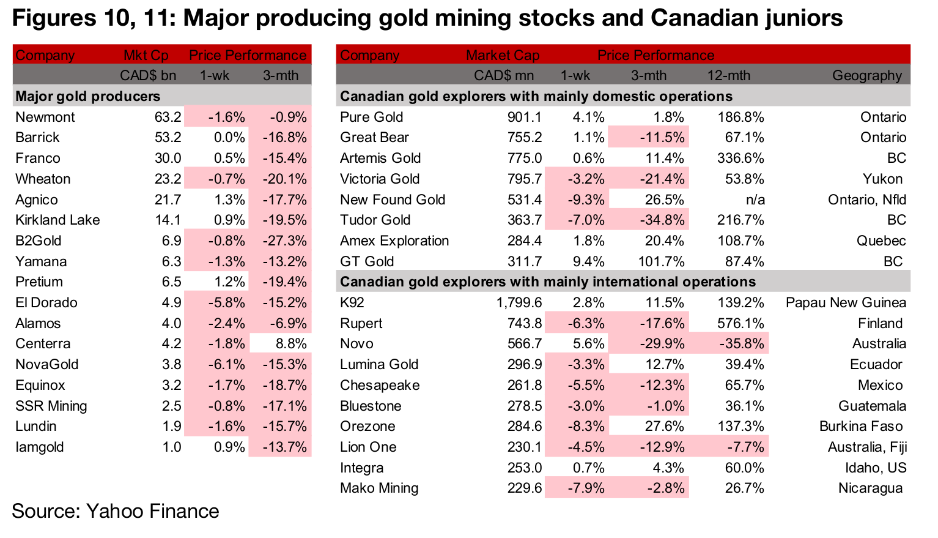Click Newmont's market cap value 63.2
tap(168, 117)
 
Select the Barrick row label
tap(37, 137)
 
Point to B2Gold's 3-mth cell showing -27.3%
tap(284, 241)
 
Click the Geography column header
tap(866, 75)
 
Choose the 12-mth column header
tap(728, 75)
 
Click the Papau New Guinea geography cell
tap(846, 302)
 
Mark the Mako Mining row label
tap(379, 488)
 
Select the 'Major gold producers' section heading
tap(87, 96)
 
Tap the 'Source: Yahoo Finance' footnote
tap(115, 510)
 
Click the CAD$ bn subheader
tap(148, 75)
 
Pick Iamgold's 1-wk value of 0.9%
tap(229, 447)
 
